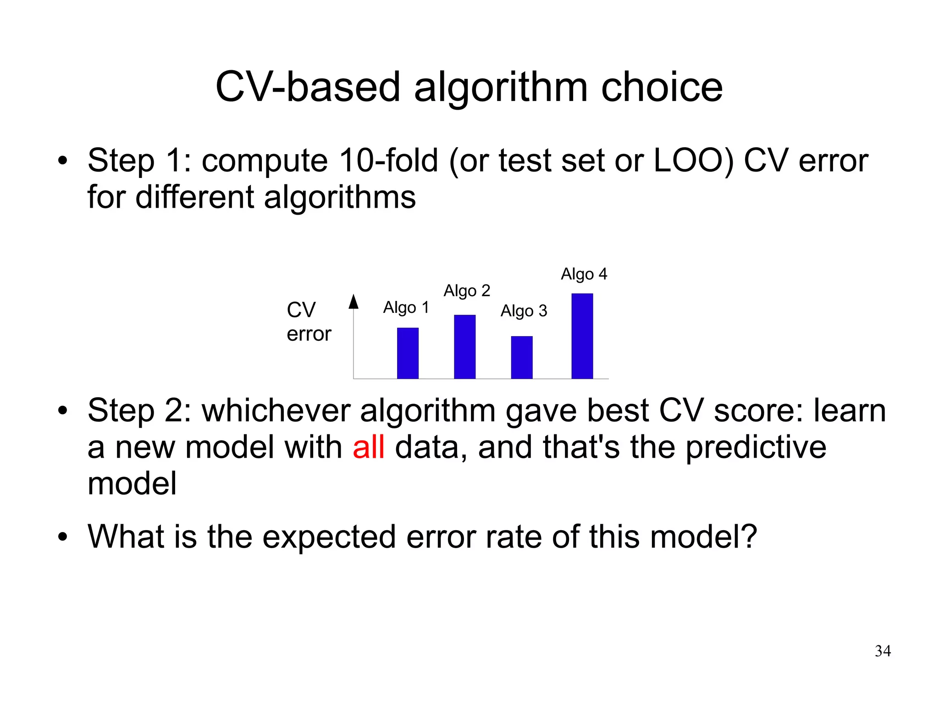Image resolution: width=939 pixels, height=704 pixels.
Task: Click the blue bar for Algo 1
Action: pyautogui.click(x=408, y=353)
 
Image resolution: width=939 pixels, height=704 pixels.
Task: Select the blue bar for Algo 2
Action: pyautogui.click(x=464, y=346)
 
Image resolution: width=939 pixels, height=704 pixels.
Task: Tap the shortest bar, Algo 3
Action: pyautogui.click(x=522, y=357)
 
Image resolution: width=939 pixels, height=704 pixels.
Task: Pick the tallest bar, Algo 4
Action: pyautogui.click(x=582, y=336)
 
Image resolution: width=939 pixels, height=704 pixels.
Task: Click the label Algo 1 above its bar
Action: pyautogui.click(x=406, y=307)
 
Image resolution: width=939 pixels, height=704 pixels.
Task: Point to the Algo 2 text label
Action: pyautogui.click(x=467, y=291)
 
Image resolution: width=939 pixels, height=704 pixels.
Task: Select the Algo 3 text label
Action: pyautogui.click(x=524, y=311)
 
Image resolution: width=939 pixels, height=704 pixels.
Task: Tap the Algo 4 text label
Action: pyautogui.click(x=584, y=274)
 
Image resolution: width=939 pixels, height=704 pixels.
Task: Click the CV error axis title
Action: pyautogui.click(x=309, y=322)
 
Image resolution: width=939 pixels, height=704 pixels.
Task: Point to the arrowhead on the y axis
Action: pyautogui.click(x=353, y=302)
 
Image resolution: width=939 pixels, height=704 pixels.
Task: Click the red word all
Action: pyautogui.click(x=368, y=447)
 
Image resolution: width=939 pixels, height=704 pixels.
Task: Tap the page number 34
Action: pyautogui.click(x=883, y=651)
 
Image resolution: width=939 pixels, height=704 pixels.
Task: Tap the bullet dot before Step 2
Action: pyautogui.click(x=63, y=411)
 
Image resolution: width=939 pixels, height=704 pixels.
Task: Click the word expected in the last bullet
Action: pyautogui.click(x=329, y=537)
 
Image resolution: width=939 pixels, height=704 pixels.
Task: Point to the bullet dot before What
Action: pyautogui.click(x=63, y=537)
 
